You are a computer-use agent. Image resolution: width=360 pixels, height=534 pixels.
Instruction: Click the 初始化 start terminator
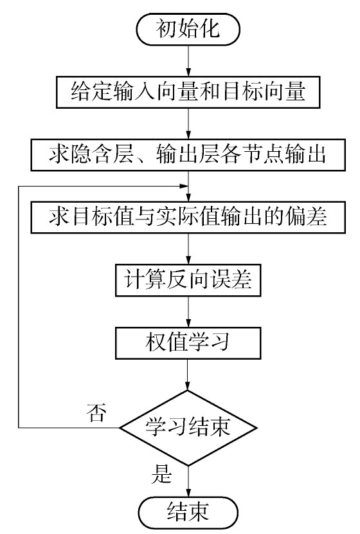point(188,30)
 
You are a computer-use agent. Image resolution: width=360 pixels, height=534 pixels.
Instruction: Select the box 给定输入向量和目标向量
point(188,92)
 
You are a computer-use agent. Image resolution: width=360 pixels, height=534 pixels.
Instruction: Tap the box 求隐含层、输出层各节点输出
point(188,155)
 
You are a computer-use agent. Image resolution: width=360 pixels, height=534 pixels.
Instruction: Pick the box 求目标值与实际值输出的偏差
point(188,217)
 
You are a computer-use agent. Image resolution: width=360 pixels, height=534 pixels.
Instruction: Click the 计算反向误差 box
point(188,281)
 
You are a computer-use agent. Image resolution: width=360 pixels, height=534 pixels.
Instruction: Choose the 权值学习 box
point(188,343)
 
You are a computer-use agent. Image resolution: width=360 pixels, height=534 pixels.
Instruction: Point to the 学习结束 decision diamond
point(188,428)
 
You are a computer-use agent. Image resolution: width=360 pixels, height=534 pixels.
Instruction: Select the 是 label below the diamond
point(161,474)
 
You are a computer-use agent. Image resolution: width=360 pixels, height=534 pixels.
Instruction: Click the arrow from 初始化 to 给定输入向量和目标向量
point(188,61)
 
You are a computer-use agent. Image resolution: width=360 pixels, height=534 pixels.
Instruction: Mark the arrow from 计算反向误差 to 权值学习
point(188,311)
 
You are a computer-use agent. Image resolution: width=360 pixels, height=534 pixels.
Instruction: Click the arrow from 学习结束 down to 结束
point(188,481)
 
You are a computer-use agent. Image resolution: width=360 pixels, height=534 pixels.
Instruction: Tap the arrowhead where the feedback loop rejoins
point(184,186)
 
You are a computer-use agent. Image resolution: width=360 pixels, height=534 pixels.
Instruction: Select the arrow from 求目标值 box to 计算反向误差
point(188,249)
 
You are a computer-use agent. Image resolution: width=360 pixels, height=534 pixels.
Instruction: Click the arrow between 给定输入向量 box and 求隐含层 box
point(188,124)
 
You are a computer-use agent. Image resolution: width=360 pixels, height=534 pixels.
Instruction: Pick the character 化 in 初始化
point(210,28)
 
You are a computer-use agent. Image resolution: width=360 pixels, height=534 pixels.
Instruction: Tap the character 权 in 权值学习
point(156,342)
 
